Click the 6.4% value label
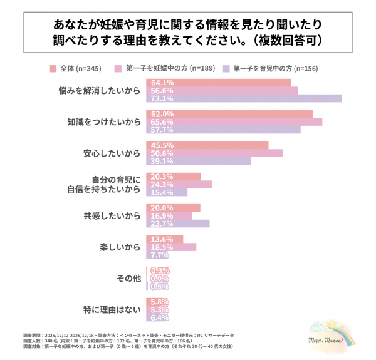160,317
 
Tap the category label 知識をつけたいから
103,122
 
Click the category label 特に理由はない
110,309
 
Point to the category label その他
128,278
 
